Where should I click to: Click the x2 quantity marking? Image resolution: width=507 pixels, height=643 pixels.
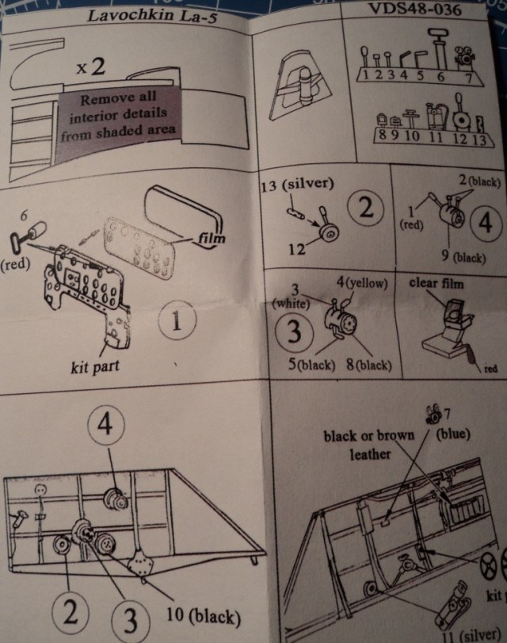pyautogui.click(x=91, y=67)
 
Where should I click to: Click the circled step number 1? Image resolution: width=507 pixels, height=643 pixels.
pyautogui.click(x=177, y=323)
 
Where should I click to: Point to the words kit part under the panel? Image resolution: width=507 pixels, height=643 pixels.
pyautogui.click(x=105, y=368)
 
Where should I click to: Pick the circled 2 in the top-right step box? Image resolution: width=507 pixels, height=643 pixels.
pyautogui.click(x=365, y=210)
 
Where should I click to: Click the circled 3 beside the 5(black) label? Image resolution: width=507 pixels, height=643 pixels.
pyautogui.click(x=294, y=331)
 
